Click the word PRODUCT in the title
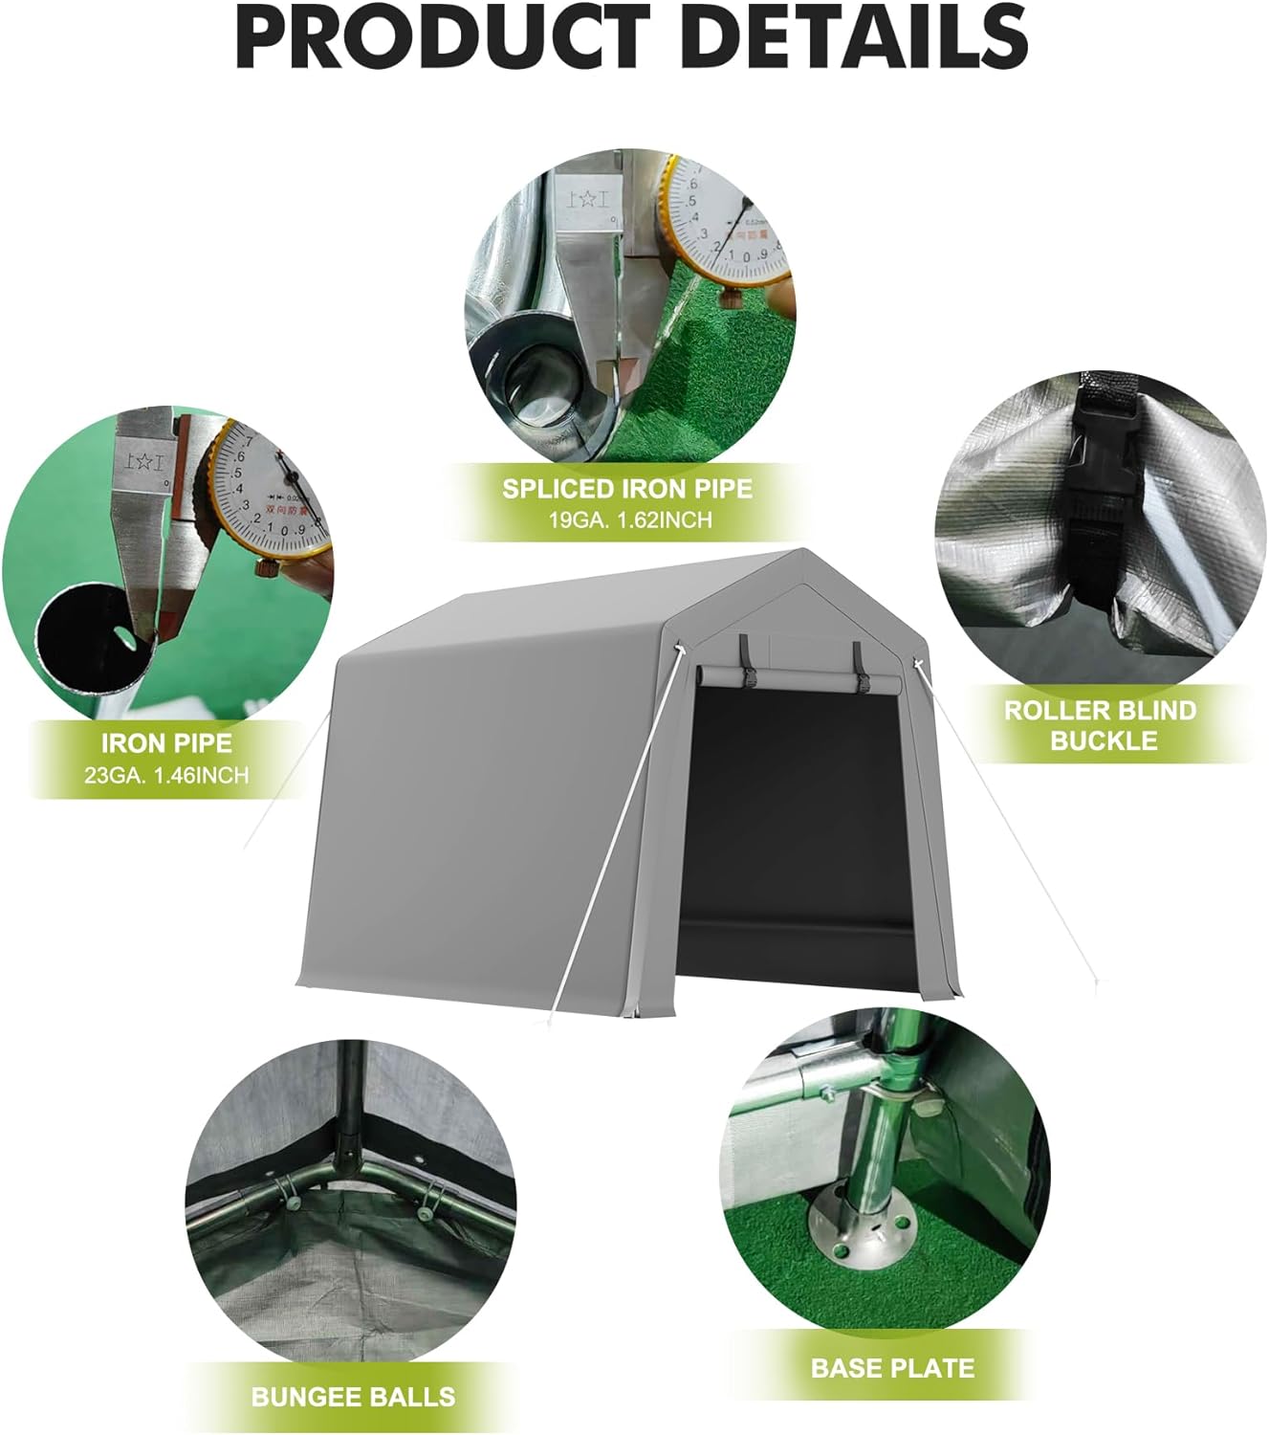pos(430,35)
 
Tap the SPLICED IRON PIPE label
pos(627,489)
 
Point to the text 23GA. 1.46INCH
pos(166,774)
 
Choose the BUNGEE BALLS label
pos(353,1396)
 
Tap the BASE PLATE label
pos(892,1367)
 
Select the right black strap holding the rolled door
pos(860,667)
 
